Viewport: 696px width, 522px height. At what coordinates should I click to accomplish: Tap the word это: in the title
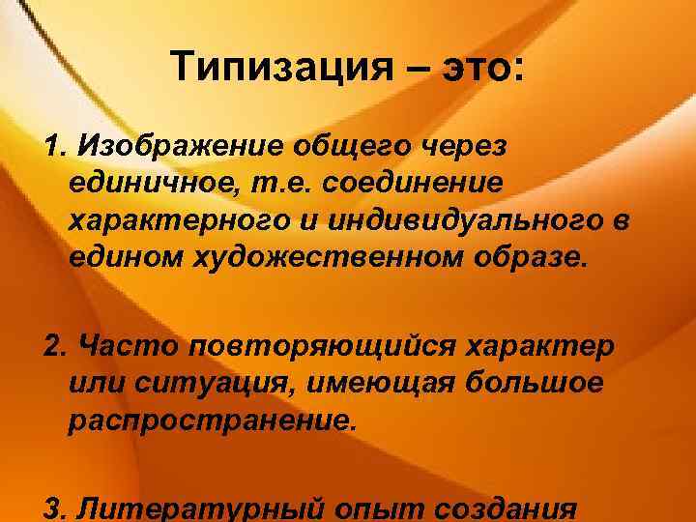point(477,69)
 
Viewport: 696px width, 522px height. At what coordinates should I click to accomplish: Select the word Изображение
point(170,146)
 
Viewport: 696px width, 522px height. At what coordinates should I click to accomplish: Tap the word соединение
point(402,183)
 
